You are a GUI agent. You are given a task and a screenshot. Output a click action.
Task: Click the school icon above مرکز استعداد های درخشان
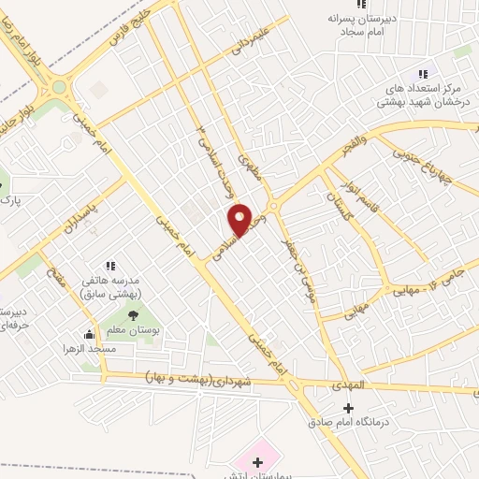click(x=423, y=74)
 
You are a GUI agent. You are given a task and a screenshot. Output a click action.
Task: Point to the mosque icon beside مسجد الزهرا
click(x=90, y=334)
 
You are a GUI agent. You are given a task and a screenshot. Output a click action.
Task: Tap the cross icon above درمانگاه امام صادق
click(x=350, y=408)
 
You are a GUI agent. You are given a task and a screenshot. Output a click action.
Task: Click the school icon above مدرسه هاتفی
click(x=110, y=267)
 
